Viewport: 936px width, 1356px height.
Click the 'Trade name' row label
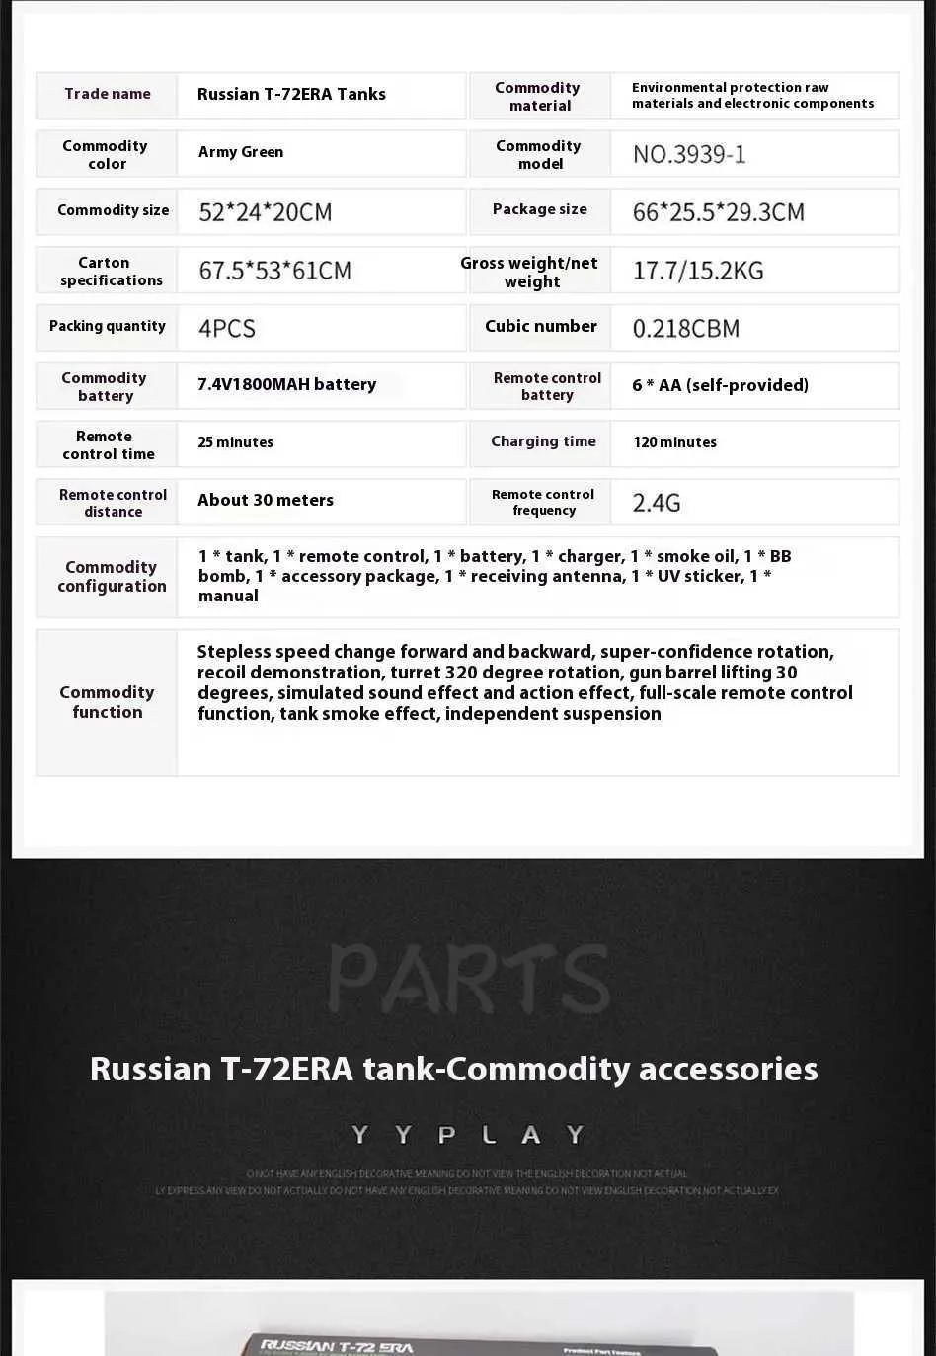pyautogui.click(x=108, y=94)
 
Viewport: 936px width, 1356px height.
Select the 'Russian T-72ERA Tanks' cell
pyautogui.click(x=291, y=94)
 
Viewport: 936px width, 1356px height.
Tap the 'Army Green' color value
pyautogui.click(x=241, y=152)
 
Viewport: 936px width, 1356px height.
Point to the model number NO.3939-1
pyautogui.click(x=689, y=154)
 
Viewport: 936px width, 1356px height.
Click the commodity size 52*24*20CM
pyautogui.click(x=265, y=212)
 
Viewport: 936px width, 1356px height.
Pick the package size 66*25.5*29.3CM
pyautogui.click(x=718, y=212)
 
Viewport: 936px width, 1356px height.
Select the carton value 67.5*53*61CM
pyautogui.click(x=274, y=271)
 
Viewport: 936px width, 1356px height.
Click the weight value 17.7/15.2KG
pyautogui.click(x=698, y=271)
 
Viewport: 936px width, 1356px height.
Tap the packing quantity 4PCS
pyautogui.click(x=227, y=328)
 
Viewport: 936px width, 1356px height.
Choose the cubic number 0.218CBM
pyautogui.click(x=685, y=328)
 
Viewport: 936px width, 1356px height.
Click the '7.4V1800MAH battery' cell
pyautogui.click(x=286, y=384)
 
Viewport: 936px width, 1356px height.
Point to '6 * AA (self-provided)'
pyautogui.click(x=720, y=385)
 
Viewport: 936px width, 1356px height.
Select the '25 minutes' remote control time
pyautogui.click(x=235, y=442)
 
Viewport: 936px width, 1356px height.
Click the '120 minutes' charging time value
pyautogui.click(x=674, y=442)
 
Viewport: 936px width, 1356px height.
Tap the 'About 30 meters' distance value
pyautogui.click(x=265, y=500)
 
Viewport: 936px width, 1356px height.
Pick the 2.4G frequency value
pyautogui.click(x=657, y=503)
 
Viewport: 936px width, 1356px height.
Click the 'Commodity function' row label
pyautogui.click(x=107, y=702)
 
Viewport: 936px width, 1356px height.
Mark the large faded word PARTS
pyautogui.click(x=468, y=979)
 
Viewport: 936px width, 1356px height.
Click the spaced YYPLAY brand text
pyautogui.click(x=468, y=1135)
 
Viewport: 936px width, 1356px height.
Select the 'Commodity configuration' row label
pyautogui.click(x=111, y=576)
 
